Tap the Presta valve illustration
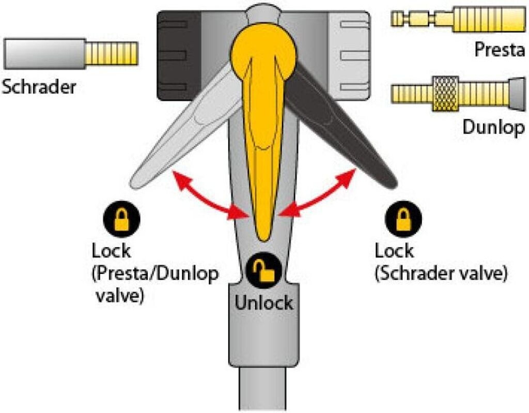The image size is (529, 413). pos(459,19)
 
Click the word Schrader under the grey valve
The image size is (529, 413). pos(39,86)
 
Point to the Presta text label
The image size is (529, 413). pos(500,50)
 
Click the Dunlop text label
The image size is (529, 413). pos(493,127)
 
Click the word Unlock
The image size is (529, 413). pos(263,302)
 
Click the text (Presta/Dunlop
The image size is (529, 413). pos(155,274)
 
